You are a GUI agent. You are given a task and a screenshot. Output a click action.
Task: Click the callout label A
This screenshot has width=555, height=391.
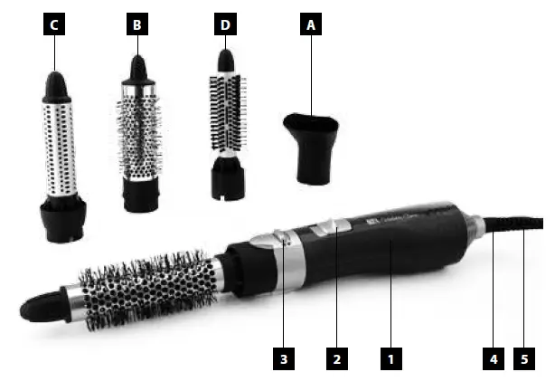pyautogui.click(x=311, y=26)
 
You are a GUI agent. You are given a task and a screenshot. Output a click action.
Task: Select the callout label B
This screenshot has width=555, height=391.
pyautogui.click(x=137, y=26)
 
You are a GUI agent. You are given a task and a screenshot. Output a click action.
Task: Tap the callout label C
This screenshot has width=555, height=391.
pyautogui.click(x=54, y=26)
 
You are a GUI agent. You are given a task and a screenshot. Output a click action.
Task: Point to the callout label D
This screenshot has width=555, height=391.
pyautogui.click(x=224, y=26)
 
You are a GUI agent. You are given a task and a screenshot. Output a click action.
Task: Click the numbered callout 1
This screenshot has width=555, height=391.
pyautogui.click(x=390, y=359)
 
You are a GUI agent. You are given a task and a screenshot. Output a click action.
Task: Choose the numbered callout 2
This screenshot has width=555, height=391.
pyautogui.click(x=336, y=359)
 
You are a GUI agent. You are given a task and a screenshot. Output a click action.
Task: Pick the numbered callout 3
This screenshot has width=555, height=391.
pyautogui.click(x=284, y=359)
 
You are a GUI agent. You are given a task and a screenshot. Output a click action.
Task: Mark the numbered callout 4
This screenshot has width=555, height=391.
pyautogui.click(x=494, y=359)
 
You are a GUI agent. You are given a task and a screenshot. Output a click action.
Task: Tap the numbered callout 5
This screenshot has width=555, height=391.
pyautogui.click(x=524, y=359)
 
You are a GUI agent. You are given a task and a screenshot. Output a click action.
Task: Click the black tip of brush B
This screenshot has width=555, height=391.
pyautogui.click(x=137, y=69)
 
